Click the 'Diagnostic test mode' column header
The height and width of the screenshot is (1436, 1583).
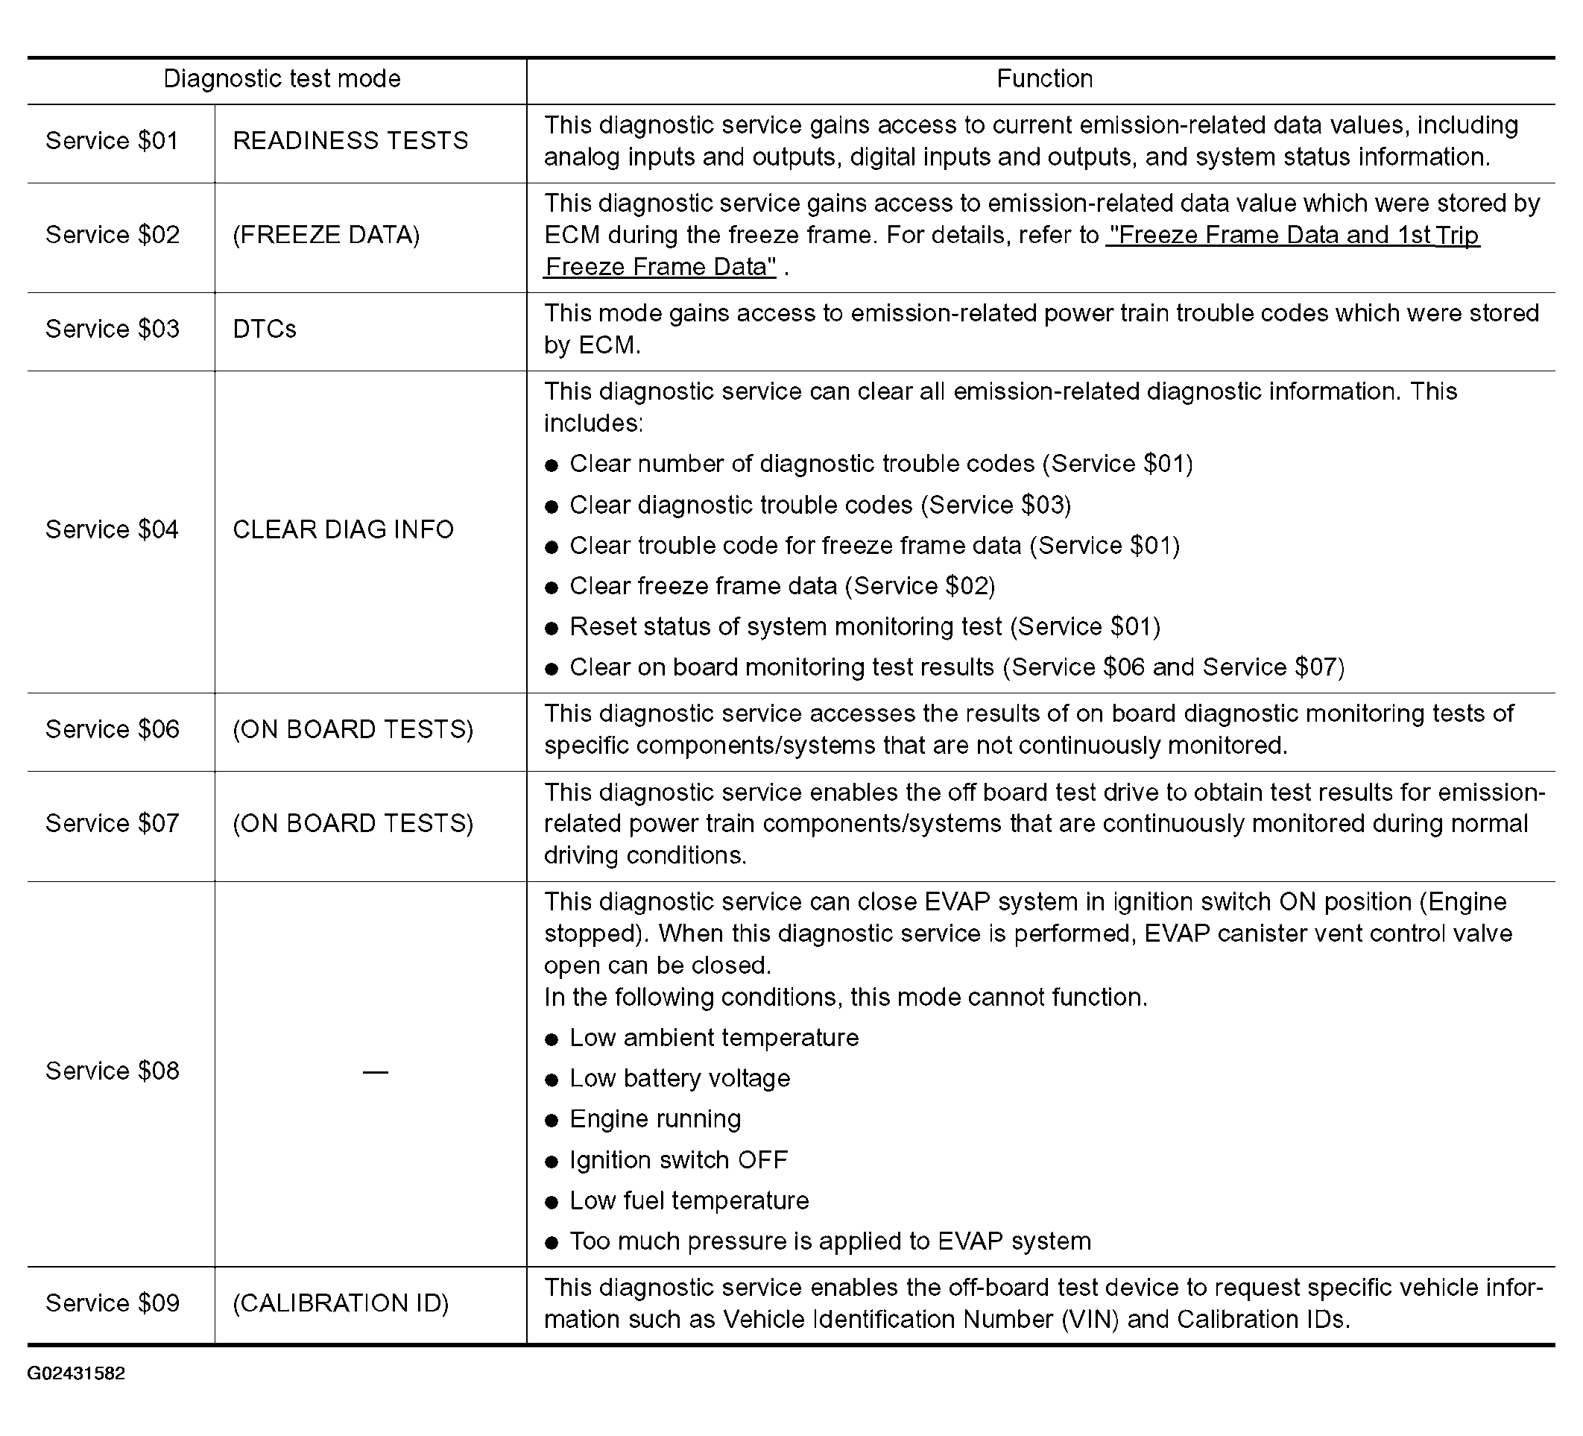(x=282, y=79)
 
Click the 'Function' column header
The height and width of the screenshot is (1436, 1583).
(x=1044, y=79)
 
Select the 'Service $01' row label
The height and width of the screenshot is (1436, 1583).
(x=113, y=142)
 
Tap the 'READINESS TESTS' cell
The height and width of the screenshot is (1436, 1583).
(x=350, y=142)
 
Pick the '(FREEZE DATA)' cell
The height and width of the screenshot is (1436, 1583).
(x=326, y=235)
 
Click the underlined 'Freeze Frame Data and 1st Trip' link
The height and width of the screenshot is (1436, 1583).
(x=1292, y=236)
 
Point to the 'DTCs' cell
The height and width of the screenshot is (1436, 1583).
(x=265, y=329)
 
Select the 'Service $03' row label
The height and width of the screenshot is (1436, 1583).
(x=113, y=329)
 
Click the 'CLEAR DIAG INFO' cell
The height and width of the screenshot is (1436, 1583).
(x=343, y=530)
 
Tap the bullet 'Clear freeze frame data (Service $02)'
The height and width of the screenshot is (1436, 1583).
(x=782, y=587)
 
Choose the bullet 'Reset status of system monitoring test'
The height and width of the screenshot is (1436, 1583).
(x=865, y=627)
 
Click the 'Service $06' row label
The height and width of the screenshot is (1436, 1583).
(x=113, y=730)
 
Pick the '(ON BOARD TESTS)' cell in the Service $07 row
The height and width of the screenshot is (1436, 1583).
(x=353, y=824)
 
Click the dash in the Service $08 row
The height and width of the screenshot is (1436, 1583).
(x=376, y=1072)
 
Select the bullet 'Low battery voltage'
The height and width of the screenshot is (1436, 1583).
(x=679, y=1079)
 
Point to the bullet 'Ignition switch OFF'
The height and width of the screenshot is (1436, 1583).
(x=678, y=1160)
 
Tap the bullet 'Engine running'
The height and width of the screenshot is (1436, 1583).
(x=655, y=1119)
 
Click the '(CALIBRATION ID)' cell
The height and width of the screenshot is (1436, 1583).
(x=341, y=1303)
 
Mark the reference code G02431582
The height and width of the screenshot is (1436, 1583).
(x=76, y=1373)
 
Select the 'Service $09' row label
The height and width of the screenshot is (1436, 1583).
(x=113, y=1303)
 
